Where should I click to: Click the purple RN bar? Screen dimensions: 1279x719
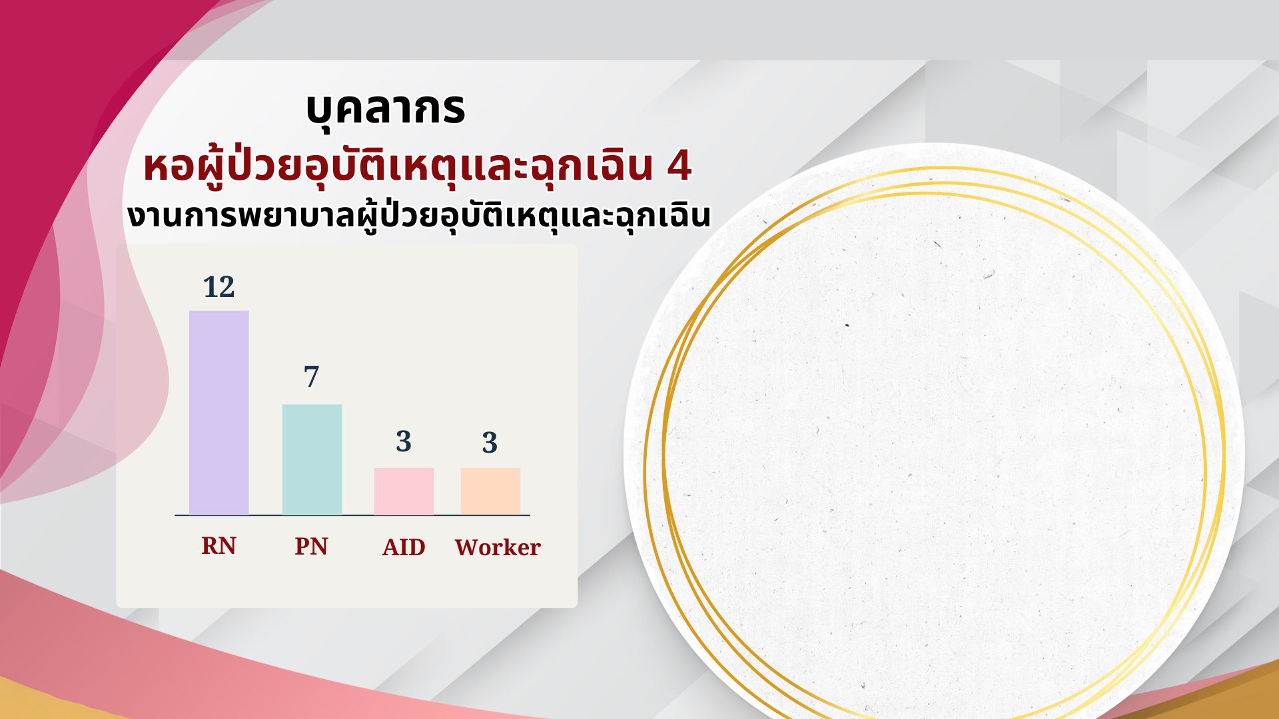click(x=219, y=413)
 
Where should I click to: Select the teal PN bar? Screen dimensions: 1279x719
click(x=312, y=459)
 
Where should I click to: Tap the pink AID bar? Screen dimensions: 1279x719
click(x=404, y=491)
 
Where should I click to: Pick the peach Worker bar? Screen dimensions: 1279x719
click(x=490, y=491)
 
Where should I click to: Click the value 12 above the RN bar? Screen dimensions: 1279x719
click(x=219, y=287)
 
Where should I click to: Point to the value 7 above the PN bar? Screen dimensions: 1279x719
click(x=312, y=377)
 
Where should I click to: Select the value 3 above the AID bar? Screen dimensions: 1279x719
click(x=404, y=441)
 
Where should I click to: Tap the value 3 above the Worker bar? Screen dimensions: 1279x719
click(x=490, y=442)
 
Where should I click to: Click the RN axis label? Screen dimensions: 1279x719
click(x=218, y=546)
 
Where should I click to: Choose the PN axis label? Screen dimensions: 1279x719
click(x=311, y=547)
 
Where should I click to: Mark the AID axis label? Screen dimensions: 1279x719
click(x=404, y=547)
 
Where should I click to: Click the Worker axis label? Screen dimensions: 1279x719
click(x=498, y=547)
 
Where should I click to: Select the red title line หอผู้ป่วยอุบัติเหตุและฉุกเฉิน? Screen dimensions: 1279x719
click(x=396, y=168)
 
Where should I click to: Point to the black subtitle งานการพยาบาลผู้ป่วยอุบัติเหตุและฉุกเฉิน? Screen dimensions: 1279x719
click(x=419, y=216)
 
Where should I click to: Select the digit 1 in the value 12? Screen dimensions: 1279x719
click(x=211, y=287)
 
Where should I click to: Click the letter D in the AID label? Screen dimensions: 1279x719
click(x=417, y=547)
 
